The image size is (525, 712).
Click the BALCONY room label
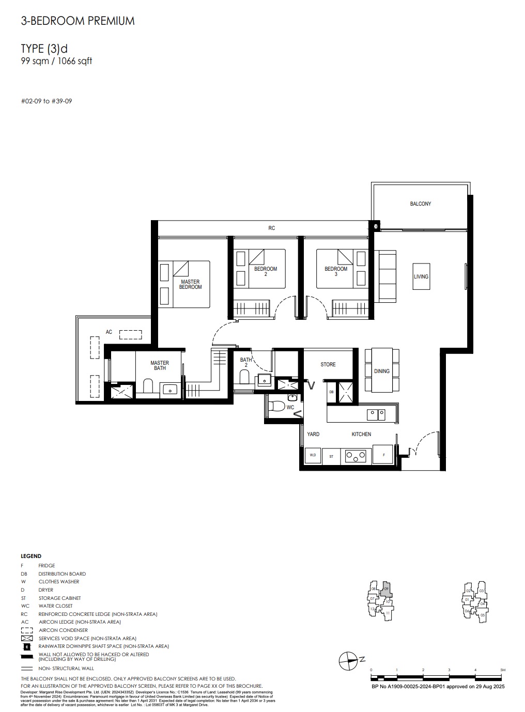pos(420,204)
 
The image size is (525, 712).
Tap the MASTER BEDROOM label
pos(190,285)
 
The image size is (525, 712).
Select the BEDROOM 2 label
pos(265,271)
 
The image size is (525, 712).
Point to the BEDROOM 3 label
pos(336,271)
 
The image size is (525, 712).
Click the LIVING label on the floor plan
pos(421,277)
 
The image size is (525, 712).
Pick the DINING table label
pos(382,371)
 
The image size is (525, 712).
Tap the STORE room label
pos(328,365)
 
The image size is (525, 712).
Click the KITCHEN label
pos(361,435)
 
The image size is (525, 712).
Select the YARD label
pos(313,435)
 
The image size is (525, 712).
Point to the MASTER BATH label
pos(159,366)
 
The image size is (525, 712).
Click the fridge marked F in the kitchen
pos(383,455)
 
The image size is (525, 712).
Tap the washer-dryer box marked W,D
pos(313,455)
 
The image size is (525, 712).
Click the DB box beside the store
pos(331,392)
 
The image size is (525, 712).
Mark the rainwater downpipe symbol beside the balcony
pos(376,226)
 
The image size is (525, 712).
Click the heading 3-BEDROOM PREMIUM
pos(78,21)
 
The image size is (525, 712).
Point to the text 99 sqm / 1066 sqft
pos(56,61)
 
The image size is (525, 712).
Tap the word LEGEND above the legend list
pos(31,556)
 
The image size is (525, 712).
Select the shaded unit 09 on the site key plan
pos(387,590)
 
